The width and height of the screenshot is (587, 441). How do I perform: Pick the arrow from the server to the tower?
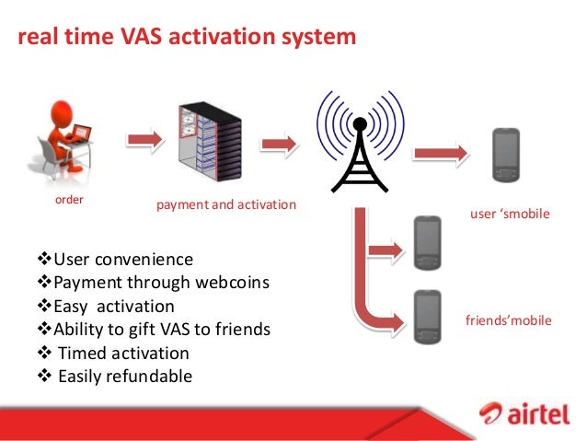[x=279, y=145]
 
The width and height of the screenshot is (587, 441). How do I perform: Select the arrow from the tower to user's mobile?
[x=442, y=152]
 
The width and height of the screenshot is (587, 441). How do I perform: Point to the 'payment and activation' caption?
[x=226, y=203]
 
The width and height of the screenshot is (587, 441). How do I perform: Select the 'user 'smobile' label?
[x=509, y=214]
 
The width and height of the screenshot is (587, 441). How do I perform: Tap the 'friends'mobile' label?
[x=509, y=321]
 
